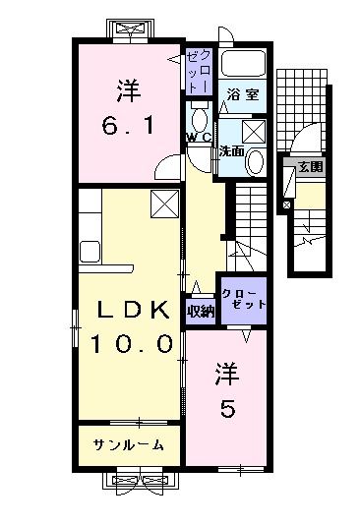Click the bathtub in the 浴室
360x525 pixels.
coord(243,66)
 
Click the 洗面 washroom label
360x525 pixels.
coord(231,151)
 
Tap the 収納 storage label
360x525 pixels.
coord(200,311)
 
